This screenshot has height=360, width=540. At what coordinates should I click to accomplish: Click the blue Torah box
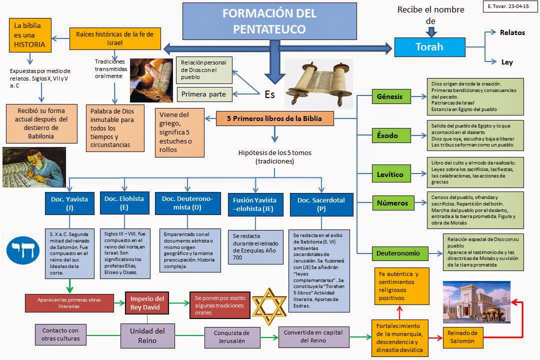[x=429, y=47]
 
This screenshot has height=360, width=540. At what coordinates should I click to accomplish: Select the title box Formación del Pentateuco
[x=269, y=21]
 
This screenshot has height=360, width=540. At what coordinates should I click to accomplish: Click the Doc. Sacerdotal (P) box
[x=321, y=204]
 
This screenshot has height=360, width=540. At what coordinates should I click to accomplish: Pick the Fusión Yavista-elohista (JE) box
[x=254, y=204]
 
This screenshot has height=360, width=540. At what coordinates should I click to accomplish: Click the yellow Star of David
[x=269, y=303]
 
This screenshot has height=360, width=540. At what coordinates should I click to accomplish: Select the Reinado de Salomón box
[x=463, y=336]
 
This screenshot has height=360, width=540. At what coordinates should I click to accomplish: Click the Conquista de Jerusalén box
[x=232, y=337]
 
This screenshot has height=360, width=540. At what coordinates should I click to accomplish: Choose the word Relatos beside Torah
[x=512, y=32]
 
